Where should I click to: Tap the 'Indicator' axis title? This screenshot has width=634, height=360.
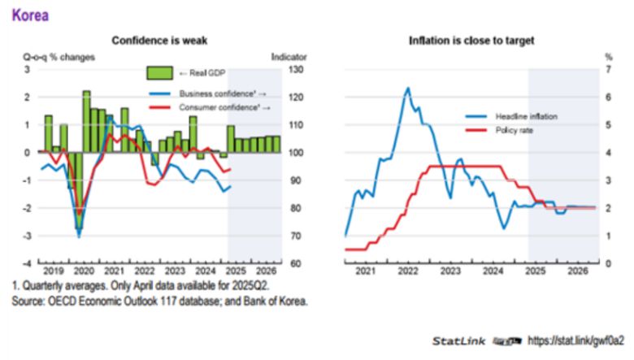(289, 57)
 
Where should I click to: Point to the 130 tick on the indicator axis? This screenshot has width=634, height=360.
(297, 70)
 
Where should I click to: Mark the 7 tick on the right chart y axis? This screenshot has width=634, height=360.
(607, 70)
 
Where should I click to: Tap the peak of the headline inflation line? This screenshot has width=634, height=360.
(407, 88)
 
